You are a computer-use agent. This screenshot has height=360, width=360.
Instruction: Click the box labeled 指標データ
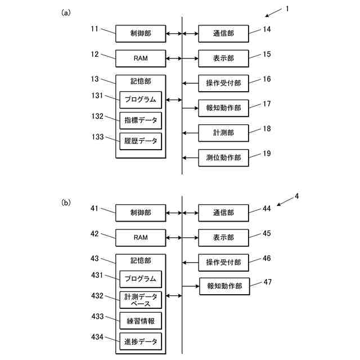pos(141,120)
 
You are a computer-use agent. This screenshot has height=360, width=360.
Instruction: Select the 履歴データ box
pos(141,141)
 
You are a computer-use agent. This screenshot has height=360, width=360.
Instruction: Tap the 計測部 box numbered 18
pos(223,133)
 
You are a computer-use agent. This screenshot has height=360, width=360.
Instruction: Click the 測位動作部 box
pos(223,157)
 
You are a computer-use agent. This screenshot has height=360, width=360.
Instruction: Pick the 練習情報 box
pos(141,321)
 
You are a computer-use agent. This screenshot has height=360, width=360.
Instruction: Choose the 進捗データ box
pos(141,341)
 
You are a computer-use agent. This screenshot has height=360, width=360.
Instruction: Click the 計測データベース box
pos(141,300)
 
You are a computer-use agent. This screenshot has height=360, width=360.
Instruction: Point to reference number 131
pos(97,96)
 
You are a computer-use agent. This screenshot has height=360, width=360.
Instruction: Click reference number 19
pos(267,154)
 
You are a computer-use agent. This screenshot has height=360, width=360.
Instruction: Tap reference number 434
pos(97,337)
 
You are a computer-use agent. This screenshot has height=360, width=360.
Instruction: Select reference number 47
pos(268,282)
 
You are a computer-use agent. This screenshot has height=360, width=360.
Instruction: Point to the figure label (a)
pos(66,12)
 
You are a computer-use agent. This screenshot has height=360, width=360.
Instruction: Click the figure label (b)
pos(66,202)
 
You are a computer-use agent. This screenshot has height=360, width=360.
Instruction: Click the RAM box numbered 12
pos(141,58)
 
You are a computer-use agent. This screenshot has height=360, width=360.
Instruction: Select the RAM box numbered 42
pos(141,237)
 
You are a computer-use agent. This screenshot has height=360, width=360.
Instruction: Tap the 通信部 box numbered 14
pos(223,34)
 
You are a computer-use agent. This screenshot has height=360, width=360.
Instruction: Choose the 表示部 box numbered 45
pos(223,237)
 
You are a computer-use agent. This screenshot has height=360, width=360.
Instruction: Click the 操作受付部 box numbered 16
pos(223,83)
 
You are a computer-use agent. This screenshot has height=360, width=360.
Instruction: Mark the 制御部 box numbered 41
pos(141,213)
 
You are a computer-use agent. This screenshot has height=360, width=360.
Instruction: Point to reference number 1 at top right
pos(287,9)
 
